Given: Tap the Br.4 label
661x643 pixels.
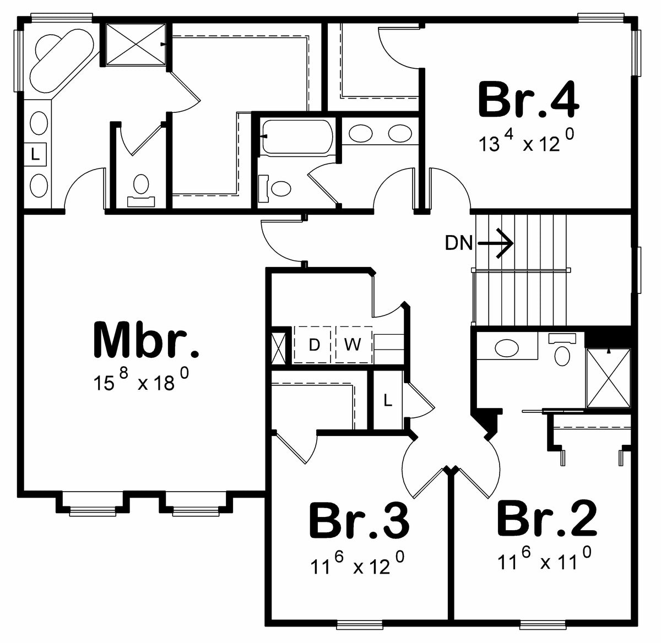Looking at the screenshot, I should (528, 100).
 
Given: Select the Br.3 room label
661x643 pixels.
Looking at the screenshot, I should (359, 521).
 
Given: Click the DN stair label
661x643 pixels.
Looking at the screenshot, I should (458, 243).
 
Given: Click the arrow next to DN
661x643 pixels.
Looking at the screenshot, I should (496, 243).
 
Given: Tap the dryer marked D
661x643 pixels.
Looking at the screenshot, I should (314, 345).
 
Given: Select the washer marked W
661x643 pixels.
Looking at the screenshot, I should (353, 345).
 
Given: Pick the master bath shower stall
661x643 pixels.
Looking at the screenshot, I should (134, 44).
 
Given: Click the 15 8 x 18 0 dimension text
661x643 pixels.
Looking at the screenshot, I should (142, 381).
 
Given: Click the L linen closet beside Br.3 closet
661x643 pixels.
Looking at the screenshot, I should (388, 401).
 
